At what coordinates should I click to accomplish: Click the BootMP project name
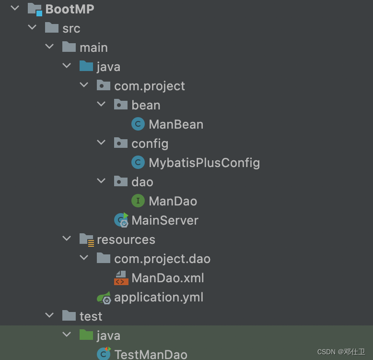coord(70,9)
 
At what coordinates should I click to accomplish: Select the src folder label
coord(71,28)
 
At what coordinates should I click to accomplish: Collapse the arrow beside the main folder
coord(49,47)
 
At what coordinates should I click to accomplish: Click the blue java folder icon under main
coord(86,66)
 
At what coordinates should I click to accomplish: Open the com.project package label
coord(149,86)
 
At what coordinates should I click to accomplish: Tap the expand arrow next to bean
coord(101,105)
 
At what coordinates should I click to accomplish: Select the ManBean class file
coord(175,124)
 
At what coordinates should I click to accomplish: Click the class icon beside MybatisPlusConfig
coord(138,163)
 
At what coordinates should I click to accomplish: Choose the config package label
coord(150,144)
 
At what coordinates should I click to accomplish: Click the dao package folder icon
coord(120,181)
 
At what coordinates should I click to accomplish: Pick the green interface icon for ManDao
coord(138,201)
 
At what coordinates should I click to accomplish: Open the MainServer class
coord(164,220)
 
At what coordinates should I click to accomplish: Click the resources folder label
coord(126,240)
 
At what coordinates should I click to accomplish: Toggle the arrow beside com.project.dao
coord(84,258)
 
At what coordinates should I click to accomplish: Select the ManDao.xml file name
coord(168,278)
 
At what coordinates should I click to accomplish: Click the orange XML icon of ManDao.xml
coord(120,278)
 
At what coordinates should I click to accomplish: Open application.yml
coord(158,297)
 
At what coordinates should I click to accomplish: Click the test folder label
coord(91,316)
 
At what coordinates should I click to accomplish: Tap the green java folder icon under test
coord(86,335)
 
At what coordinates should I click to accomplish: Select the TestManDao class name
coord(151,354)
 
